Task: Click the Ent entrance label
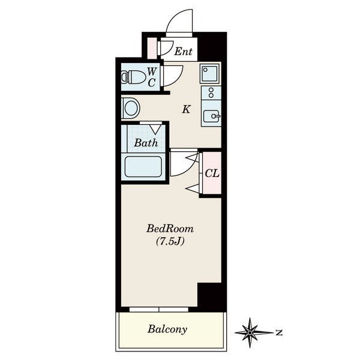[x=183, y=51]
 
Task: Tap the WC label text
[x=152, y=77]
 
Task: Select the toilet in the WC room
[x=133, y=77]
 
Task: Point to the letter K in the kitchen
[x=186, y=109]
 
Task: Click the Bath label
[x=146, y=143]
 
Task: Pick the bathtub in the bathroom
[x=143, y=167]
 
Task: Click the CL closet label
[x=212, y=173]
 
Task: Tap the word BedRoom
[x=170, y=229]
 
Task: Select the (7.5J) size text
[x=170, y=242]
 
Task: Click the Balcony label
[x=167, y=329]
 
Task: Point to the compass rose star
[x=250, y=332]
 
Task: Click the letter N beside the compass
[x=279, y=332]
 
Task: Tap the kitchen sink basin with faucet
[x=212, y=116]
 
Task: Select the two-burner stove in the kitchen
[x=211, y=93]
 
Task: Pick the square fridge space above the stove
[x=209, y=73]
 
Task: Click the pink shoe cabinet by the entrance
[x=152, y=48]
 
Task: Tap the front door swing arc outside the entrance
[x=176, y=18]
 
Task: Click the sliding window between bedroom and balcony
[x=159, y=310]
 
